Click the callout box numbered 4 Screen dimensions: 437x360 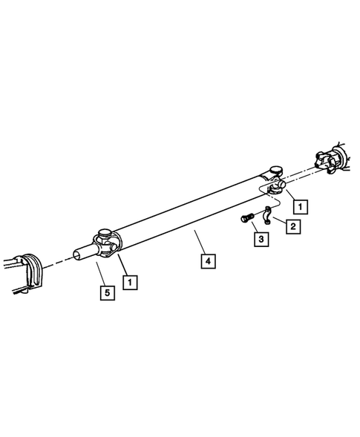[x=208, y=261]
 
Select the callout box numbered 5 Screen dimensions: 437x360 [x=108, y=293]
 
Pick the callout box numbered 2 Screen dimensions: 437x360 [x=294, y=226]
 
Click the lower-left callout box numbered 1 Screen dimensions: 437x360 [x=131, y=282]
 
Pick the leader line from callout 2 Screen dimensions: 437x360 [x=280, y=221]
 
